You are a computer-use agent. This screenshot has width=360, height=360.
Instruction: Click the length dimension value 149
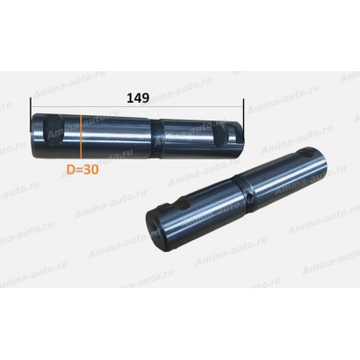click(138, 98)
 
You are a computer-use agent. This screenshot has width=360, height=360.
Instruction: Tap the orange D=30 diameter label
click(83, 170)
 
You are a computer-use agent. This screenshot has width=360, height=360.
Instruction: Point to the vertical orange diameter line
click(81, 137)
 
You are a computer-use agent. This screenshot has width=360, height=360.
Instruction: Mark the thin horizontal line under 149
click(137, 106)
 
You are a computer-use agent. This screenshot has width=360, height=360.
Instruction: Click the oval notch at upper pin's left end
click(53, 130)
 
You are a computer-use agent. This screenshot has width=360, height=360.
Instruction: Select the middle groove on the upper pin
click(157, 138)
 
